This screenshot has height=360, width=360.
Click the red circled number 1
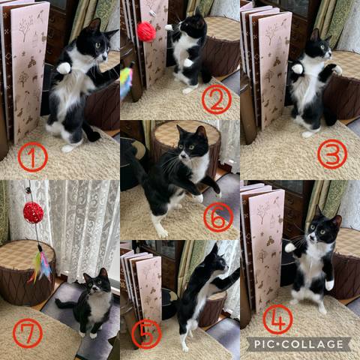point(33,157)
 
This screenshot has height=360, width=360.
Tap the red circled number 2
point(217,99)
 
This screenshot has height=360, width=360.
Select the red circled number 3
point(332,154)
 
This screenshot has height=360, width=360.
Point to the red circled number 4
point(277,319)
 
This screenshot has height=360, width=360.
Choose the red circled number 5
point(147,334)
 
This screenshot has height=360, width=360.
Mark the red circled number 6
point(218,217)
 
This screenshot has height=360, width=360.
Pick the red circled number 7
point(28,333)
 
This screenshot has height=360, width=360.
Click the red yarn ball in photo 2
point(146,31)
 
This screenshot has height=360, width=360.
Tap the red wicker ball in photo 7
point(34,212)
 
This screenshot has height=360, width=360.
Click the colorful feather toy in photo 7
point(40,265)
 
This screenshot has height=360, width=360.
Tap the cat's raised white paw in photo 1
point(63,68)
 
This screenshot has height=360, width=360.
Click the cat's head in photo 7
point(97,280)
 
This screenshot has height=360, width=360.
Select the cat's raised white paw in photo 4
point(290,247)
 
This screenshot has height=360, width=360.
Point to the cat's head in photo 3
point(319,46)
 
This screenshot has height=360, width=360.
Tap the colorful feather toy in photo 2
point(127,81)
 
